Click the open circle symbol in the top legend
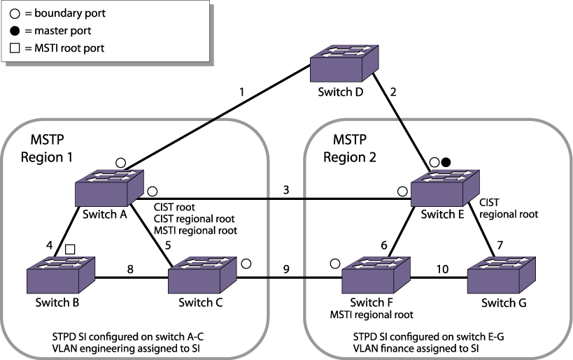15,13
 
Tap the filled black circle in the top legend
15,31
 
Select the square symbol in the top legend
15,48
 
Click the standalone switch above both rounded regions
344,64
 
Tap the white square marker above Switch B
70,250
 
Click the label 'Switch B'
57,303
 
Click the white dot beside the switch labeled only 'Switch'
246,264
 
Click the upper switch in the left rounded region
110,188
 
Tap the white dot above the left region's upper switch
120,163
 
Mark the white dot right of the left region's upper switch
153,192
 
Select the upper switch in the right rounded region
445,188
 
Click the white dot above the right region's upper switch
434,163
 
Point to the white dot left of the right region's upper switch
402,192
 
